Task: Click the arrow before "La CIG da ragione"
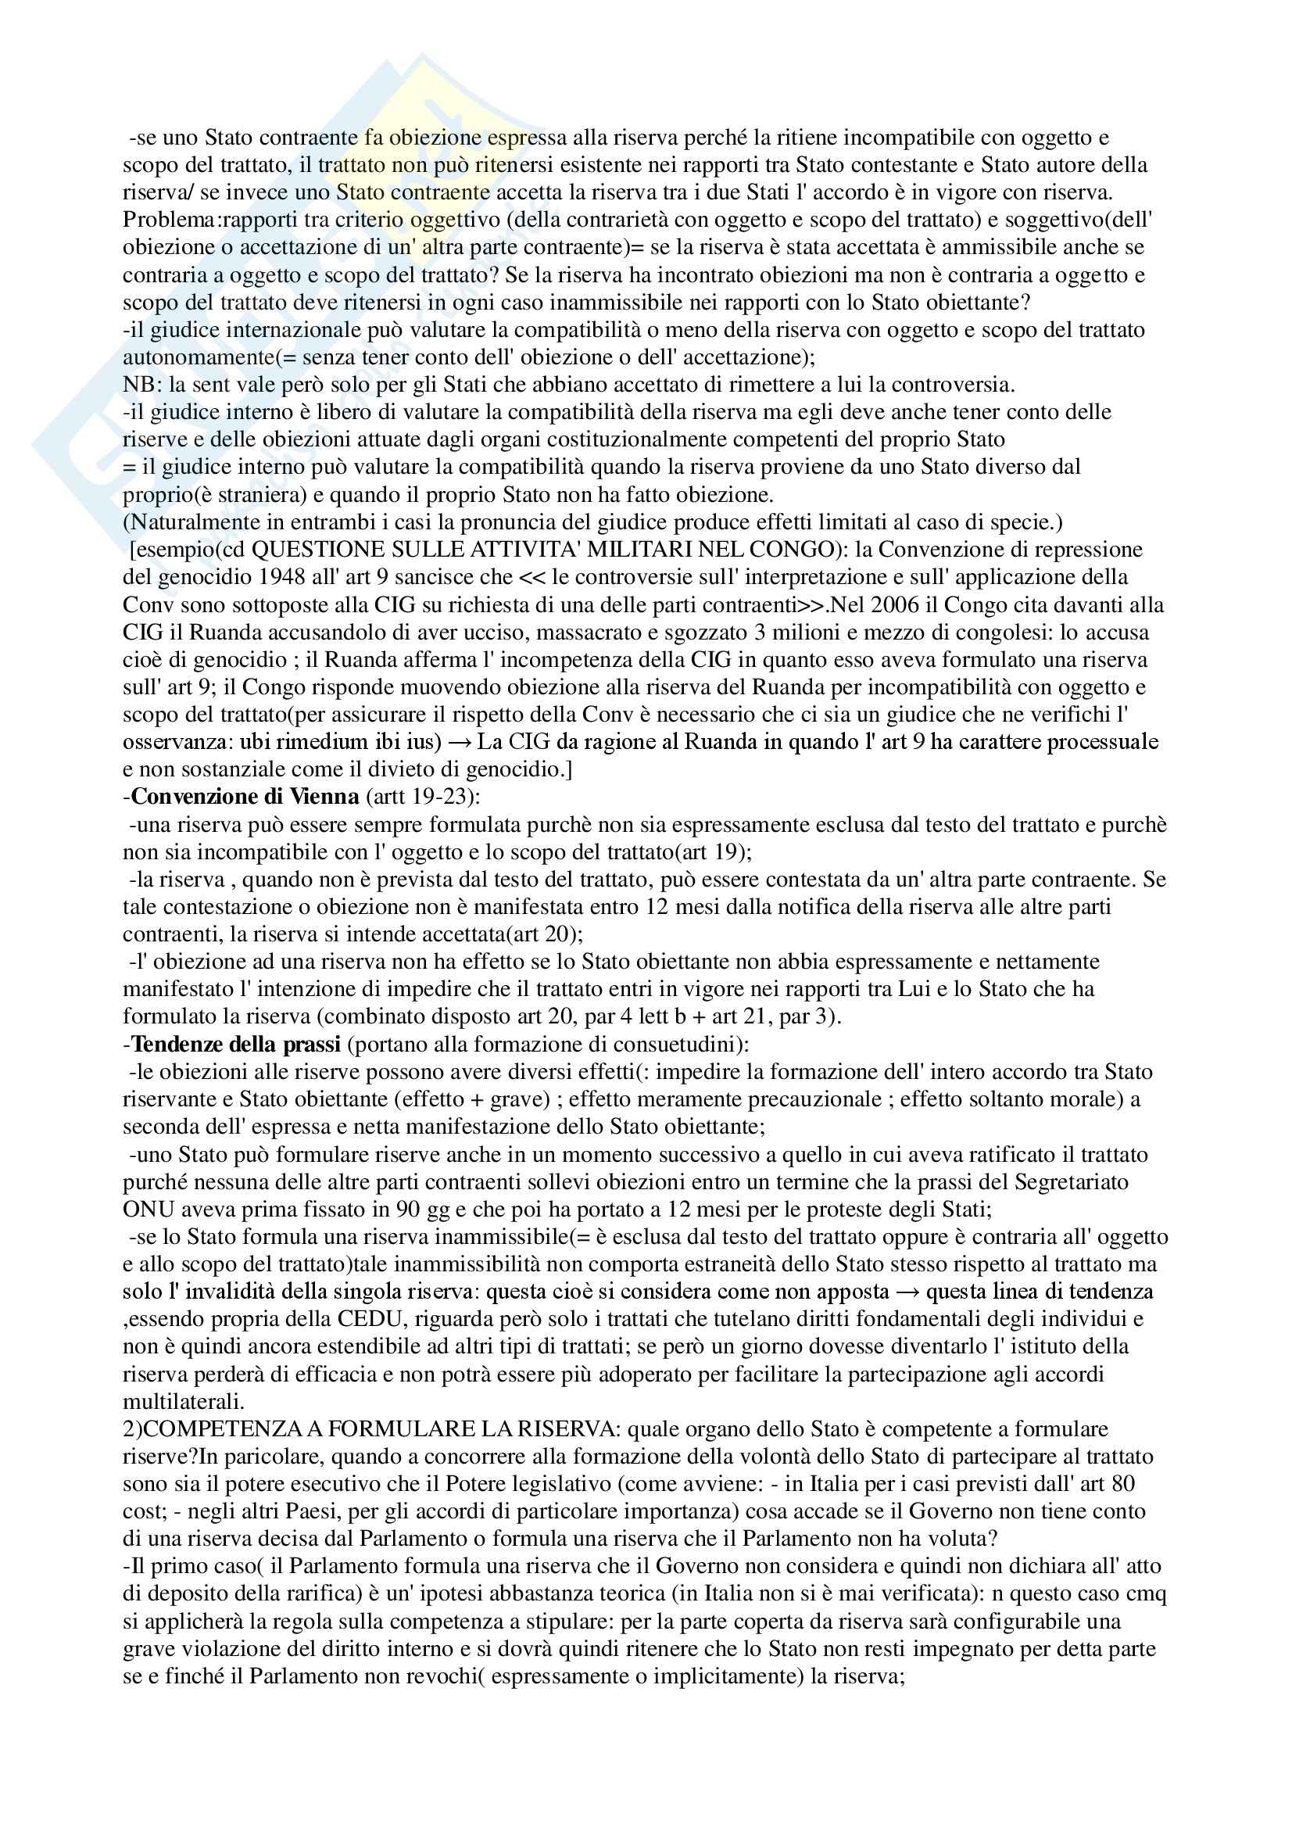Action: [x=460, y=742]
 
